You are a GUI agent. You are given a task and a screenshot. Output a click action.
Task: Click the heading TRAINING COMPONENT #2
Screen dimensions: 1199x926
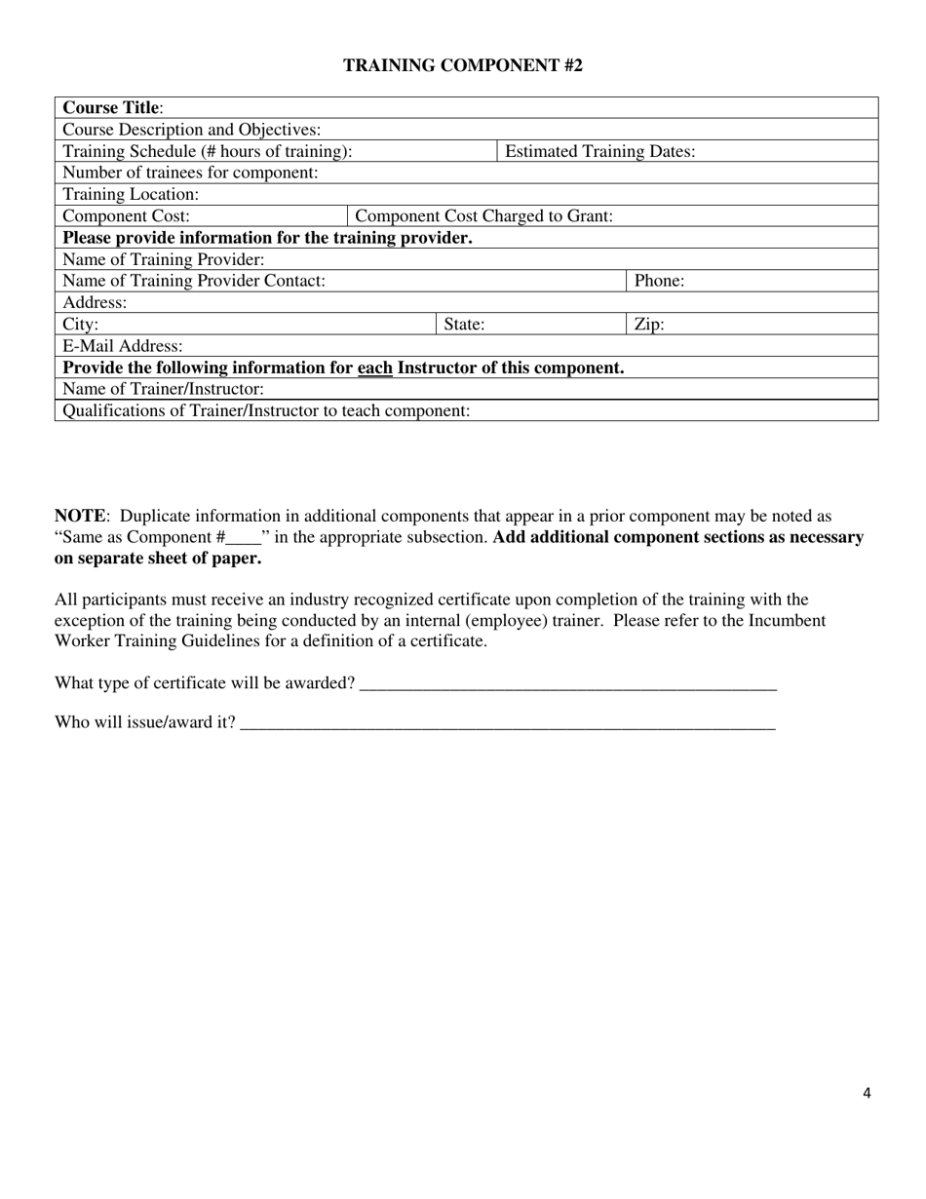pos(463,66)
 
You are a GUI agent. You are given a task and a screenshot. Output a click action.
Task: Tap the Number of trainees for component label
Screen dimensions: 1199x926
pos(190,173)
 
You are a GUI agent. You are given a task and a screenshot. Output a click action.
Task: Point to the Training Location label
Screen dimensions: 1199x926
pos(131,194)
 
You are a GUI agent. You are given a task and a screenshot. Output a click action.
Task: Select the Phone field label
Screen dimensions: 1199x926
pos(659,281)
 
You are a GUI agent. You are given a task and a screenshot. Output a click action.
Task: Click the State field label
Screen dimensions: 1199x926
pos(464,324)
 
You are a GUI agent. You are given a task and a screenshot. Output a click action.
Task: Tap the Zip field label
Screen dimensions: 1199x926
pos(649,324)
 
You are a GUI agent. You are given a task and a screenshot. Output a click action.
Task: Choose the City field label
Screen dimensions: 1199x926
pos(80,324)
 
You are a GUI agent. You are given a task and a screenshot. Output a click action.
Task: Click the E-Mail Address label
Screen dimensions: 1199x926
pos(122,346)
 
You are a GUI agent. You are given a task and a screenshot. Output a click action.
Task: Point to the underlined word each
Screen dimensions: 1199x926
pos(375,367)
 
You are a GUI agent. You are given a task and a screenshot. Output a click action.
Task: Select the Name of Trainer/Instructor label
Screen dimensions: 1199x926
pos(163,389)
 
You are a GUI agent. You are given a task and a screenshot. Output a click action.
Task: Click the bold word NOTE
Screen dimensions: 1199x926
pos(79,516)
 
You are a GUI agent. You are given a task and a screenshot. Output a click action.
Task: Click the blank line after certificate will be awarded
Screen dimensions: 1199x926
pos(567,683)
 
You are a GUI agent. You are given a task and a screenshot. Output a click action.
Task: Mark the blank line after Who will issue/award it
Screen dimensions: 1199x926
pos(507,723)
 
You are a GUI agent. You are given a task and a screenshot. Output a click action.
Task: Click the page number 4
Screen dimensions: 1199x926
pos(867,1093)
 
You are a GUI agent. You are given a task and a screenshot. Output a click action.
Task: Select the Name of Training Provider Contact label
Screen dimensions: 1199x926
pos(193,281)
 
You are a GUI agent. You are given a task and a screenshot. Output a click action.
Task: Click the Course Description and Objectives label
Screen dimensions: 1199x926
pos(191,130)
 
